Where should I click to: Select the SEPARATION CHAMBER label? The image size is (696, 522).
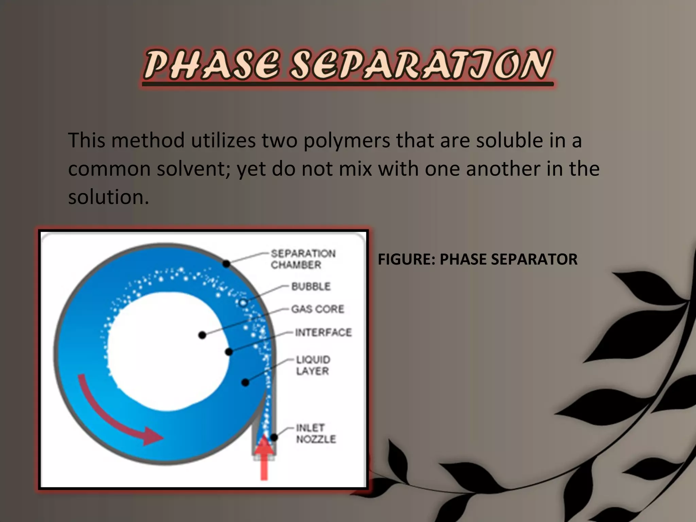(302, 259)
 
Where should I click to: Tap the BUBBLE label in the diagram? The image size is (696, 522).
(311, 286)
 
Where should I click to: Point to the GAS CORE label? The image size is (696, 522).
(318, 309)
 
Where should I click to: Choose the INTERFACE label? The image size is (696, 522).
(323, 332)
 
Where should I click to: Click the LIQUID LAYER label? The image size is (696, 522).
(313, 365)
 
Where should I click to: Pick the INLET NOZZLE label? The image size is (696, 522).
(316, 433)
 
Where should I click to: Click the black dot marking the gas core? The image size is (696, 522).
(202, 335)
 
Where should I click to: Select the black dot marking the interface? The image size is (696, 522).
(229, 352)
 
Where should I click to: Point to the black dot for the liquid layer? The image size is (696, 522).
(245, 383)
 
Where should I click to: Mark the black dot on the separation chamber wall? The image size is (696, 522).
(226, 263)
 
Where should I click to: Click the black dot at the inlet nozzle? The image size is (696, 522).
(274, 437)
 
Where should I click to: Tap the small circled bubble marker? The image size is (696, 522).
(243, 302)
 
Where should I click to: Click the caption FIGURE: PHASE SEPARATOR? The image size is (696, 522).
(477, 259)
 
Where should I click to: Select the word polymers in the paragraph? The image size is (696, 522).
(347, 141)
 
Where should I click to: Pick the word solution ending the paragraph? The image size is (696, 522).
(108, 197)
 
